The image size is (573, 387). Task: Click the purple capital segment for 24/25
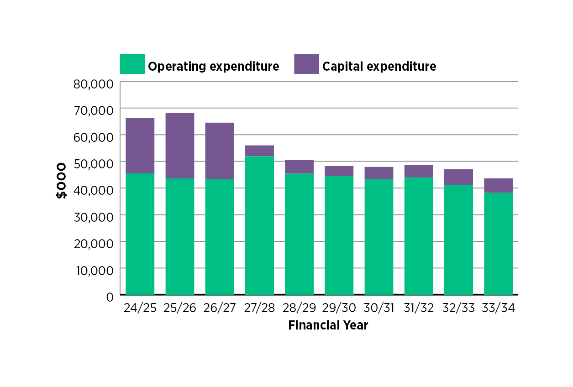(x=140, y=146)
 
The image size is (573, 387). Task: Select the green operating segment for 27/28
(x=259, y=225)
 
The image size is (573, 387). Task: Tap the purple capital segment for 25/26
(x=179, y=146)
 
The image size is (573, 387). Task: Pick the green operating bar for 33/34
(x=498, y=244)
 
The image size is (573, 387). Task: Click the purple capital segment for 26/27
(x=220, y=151)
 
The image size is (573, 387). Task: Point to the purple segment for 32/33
(x=458, y=177)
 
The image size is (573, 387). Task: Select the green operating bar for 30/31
(x=378, y=237)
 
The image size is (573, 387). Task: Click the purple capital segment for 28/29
(x=299, y=167)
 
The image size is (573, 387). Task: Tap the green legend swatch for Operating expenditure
(x=132, y=64)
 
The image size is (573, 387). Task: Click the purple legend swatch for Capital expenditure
(x=306, y=64)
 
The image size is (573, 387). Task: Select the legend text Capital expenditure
(x=379, y=67)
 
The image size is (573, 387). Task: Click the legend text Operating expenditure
(x=213, y=67)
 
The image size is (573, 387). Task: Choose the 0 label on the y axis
(x=110, y=297)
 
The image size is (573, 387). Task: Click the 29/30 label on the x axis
(x=339, y=308)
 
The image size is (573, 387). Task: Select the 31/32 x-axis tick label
(x=419, y=308)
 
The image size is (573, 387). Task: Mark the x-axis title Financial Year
(x=328, y=326)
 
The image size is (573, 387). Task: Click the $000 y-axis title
(x=61, y=181)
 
